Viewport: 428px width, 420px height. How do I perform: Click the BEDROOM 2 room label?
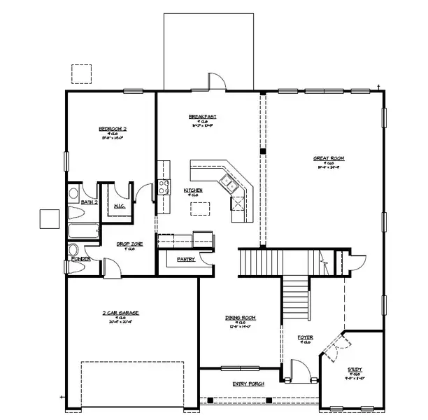point(112,129)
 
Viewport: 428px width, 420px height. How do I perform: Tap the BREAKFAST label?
point(202,116)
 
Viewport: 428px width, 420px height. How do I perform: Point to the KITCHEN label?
point(193,190)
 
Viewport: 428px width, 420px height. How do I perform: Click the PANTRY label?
point(185,259)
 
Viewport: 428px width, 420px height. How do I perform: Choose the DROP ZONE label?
point(129,244)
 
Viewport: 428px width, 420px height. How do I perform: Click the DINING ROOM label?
point(239,317)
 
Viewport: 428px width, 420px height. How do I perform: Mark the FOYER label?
point(304,337)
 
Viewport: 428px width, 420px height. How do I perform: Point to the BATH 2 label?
point(89,202)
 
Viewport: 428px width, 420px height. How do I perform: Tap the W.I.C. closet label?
point(119,206)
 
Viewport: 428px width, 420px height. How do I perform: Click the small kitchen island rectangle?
point(201,208)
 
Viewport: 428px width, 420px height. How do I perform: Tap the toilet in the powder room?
point(73,251)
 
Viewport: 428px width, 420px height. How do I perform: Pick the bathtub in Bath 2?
point(83,232)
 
